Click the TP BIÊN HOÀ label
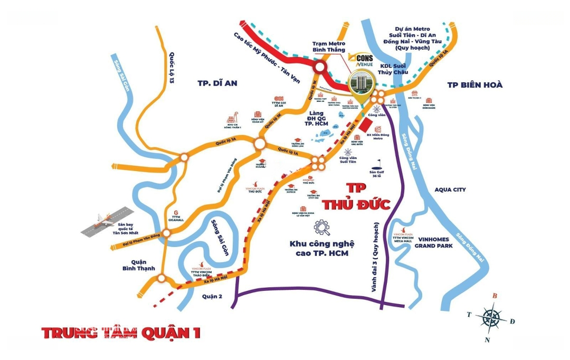coord(474,85)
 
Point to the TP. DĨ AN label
coord(217,83)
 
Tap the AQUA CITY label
coord(450,190)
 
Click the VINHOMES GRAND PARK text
coord(434,242)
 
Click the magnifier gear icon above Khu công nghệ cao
coord(321,228)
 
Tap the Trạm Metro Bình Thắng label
coord(328,46)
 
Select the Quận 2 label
coord(212,297)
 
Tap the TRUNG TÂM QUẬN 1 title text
coord(121,333)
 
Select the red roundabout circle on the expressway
coord(320,67)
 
